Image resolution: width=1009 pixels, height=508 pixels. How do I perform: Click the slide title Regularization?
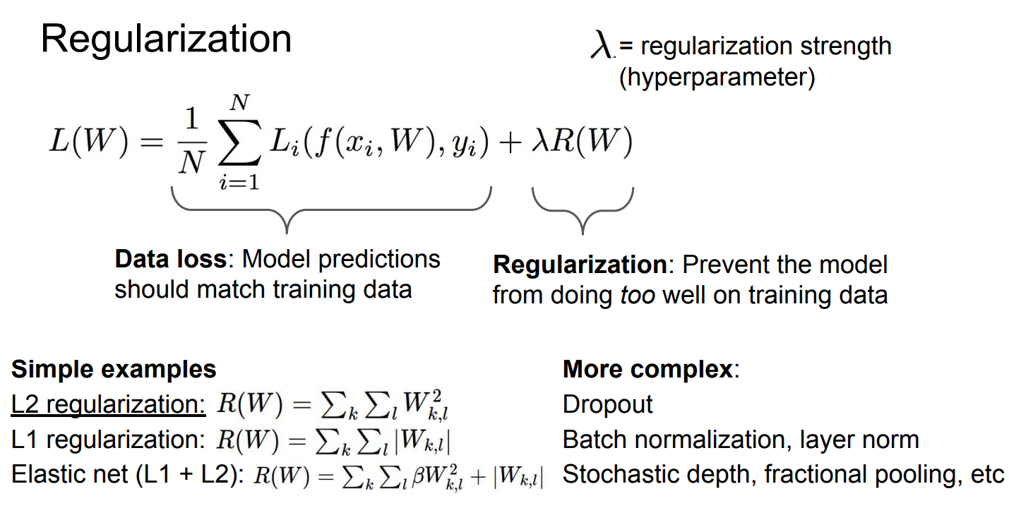166,40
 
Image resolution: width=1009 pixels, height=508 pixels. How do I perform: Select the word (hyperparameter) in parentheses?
716,77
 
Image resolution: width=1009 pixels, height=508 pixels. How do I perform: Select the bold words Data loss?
169,260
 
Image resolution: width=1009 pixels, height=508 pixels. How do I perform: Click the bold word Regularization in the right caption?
579,265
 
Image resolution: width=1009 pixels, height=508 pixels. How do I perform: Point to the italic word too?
637,295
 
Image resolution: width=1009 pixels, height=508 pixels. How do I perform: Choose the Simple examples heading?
114,369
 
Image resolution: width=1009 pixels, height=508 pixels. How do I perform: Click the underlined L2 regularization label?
107,405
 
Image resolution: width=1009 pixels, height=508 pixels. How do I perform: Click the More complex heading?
648,369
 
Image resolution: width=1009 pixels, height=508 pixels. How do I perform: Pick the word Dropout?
607,405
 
